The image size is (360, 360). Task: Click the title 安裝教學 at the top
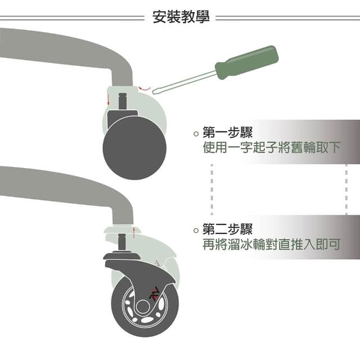(x=181, y=16)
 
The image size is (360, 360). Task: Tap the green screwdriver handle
(x=247, y=62)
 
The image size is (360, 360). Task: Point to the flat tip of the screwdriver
(x=154, y=91)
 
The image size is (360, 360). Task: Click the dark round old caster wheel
(x=134, y=148)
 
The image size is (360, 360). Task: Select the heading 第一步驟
(x=227, y=132)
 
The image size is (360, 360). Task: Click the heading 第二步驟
(x=227, y=229)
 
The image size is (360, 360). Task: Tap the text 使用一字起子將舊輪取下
(x=271, y=147)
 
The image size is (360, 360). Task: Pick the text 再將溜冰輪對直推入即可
(x=271, y=244)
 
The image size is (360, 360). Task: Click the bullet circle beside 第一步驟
(x=196, y=133)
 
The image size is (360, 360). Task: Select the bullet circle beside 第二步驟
(x=196, y=230)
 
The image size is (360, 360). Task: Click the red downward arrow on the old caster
(x=109, y=100)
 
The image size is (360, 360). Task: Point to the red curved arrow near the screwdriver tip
(x=144, y=88)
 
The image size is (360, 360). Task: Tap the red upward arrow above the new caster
(x=134, y=232)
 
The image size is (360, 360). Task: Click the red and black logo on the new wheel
(x=154, y=294)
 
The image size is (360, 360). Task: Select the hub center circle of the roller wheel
(x=143, y=306)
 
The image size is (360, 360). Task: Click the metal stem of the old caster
(x=123, y=101)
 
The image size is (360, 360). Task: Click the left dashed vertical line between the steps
(x=211, y=190)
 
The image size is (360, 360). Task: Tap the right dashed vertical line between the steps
(x=346, y=190)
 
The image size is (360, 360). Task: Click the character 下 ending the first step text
(x=334, y=147)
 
